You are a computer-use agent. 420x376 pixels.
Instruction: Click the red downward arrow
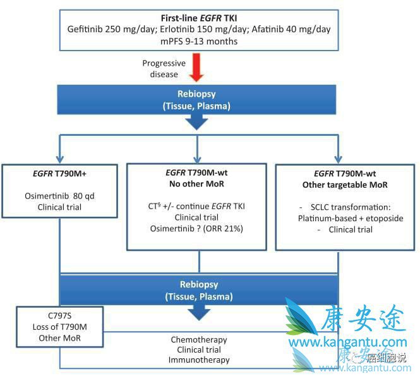point(197,69)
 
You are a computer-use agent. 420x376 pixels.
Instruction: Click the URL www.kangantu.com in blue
point(340,343)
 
